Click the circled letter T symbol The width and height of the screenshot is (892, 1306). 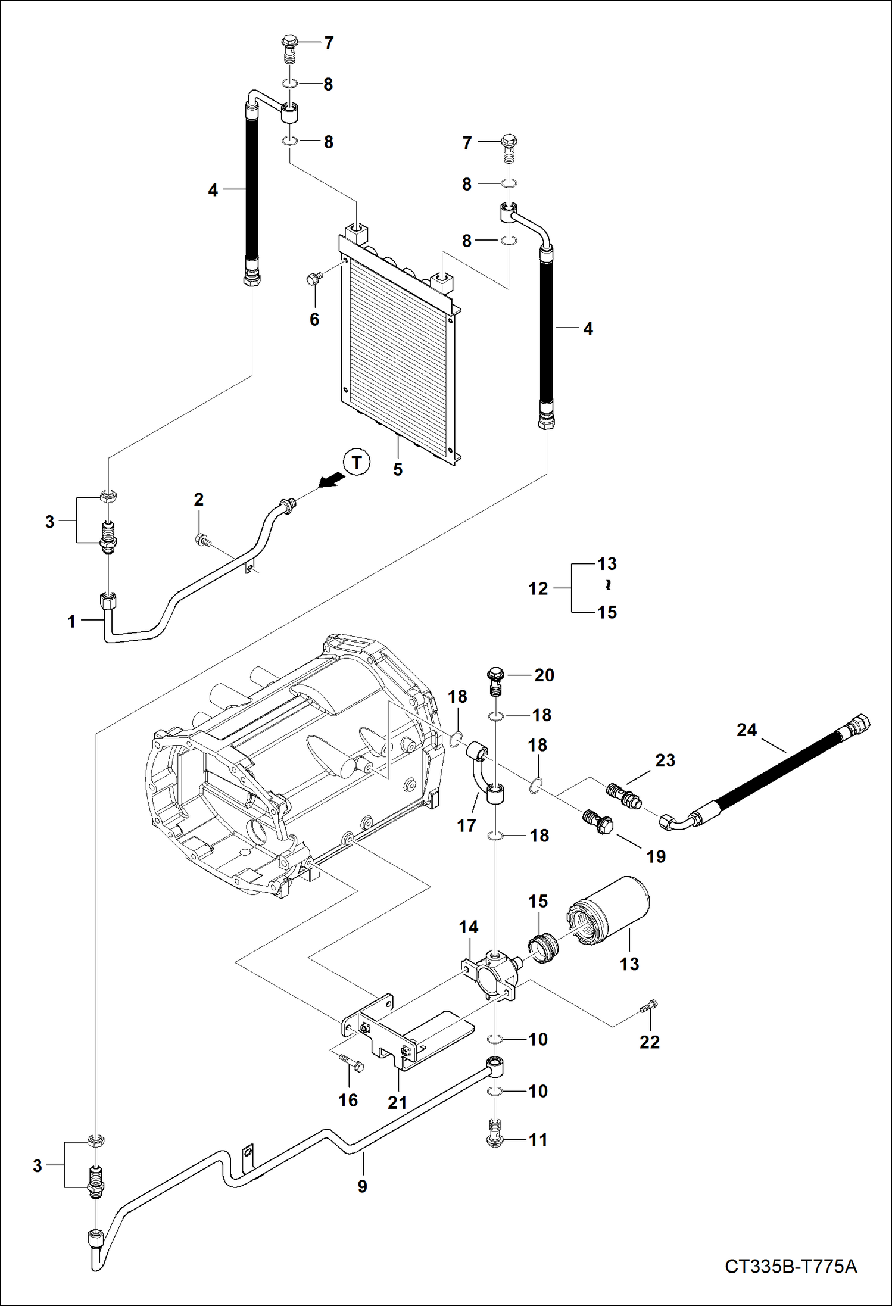[357, 463]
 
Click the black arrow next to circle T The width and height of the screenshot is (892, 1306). [331, 479]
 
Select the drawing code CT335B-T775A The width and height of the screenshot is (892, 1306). [791, 1266]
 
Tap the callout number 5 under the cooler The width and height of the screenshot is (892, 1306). [398, 469]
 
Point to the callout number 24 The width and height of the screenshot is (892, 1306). [746, 730]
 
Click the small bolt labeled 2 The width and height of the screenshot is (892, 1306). [201, 540]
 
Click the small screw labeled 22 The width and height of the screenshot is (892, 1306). [649, 1006]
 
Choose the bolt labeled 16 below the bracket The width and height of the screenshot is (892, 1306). [351, 1064]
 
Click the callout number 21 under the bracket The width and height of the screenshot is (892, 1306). [397, 1102]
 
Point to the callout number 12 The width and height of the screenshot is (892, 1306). [538, 588]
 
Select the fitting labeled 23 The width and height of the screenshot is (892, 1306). [623, 796]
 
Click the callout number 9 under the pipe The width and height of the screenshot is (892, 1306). [362, 1186]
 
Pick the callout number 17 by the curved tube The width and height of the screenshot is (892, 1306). [466, 825]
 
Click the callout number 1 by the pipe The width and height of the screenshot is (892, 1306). [71, 622]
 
